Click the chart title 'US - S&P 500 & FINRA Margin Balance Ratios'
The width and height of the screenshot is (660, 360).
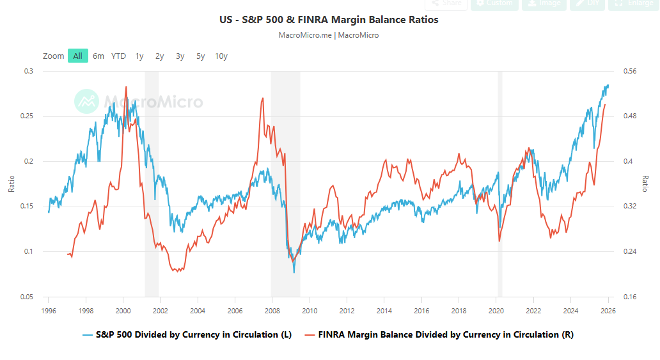(x=329, y=20)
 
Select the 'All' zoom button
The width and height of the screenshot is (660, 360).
(x=77, y=56)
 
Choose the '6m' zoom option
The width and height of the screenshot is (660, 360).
(x=98, y=56)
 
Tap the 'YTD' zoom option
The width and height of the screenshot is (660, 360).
(x=118, y=56)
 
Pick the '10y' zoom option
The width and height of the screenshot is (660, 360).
(x=221, y=56)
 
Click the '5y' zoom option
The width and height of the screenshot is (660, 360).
(x=201, y=56)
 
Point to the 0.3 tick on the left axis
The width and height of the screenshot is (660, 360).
(x=29, y=71)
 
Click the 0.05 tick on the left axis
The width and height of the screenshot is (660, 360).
(x=27, y=297)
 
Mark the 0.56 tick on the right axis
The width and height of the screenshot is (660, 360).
(x=629, y=71)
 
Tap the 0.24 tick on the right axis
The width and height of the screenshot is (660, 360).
(x=629, y=251)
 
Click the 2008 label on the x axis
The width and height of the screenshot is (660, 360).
(x=272, y=311)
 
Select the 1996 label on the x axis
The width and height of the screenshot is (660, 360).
(x=48, y=311)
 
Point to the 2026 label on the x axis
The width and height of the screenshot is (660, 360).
(x=608, y=311)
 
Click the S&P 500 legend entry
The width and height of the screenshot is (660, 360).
(x=187, y=334)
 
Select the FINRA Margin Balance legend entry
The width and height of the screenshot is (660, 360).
(x=439, y=334)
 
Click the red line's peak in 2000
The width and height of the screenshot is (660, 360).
(x=125, y=87)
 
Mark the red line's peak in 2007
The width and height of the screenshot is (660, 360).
(x=263, y=98)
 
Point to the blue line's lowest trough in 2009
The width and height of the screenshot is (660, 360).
(x=294, y=272)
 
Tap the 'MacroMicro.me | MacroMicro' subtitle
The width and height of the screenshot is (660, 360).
(x=329, y=35)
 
